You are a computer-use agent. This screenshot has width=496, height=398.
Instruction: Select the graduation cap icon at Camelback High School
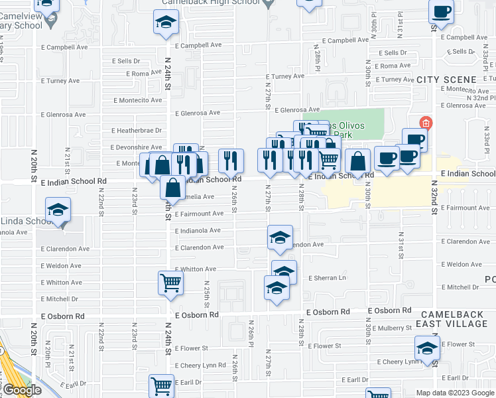(165, 23)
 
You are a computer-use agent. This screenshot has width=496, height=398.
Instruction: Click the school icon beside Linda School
(58, 210)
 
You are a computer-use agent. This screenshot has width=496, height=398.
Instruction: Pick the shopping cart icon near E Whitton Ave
(171, 283)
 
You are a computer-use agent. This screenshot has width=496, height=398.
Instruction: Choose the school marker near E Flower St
(427, 348)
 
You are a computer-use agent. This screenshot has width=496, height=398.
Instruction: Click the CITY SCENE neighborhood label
(446, 80)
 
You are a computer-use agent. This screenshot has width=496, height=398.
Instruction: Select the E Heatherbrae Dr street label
(137, 131)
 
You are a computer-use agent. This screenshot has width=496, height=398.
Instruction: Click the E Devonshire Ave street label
(136, 147)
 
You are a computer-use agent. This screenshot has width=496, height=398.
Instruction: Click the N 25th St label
(207, 297)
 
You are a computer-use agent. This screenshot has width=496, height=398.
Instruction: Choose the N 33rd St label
(486, 139)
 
